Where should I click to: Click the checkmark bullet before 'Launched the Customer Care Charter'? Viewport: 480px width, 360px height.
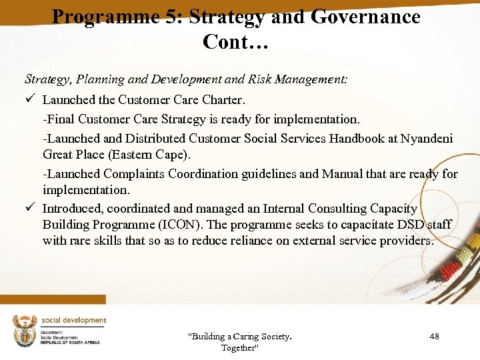tap(29, 99)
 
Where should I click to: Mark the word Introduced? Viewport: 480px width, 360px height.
tap(73, 209)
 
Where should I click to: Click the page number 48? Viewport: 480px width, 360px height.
tap(434, 337)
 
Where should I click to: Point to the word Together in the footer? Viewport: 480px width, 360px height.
tap(239, 348)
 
